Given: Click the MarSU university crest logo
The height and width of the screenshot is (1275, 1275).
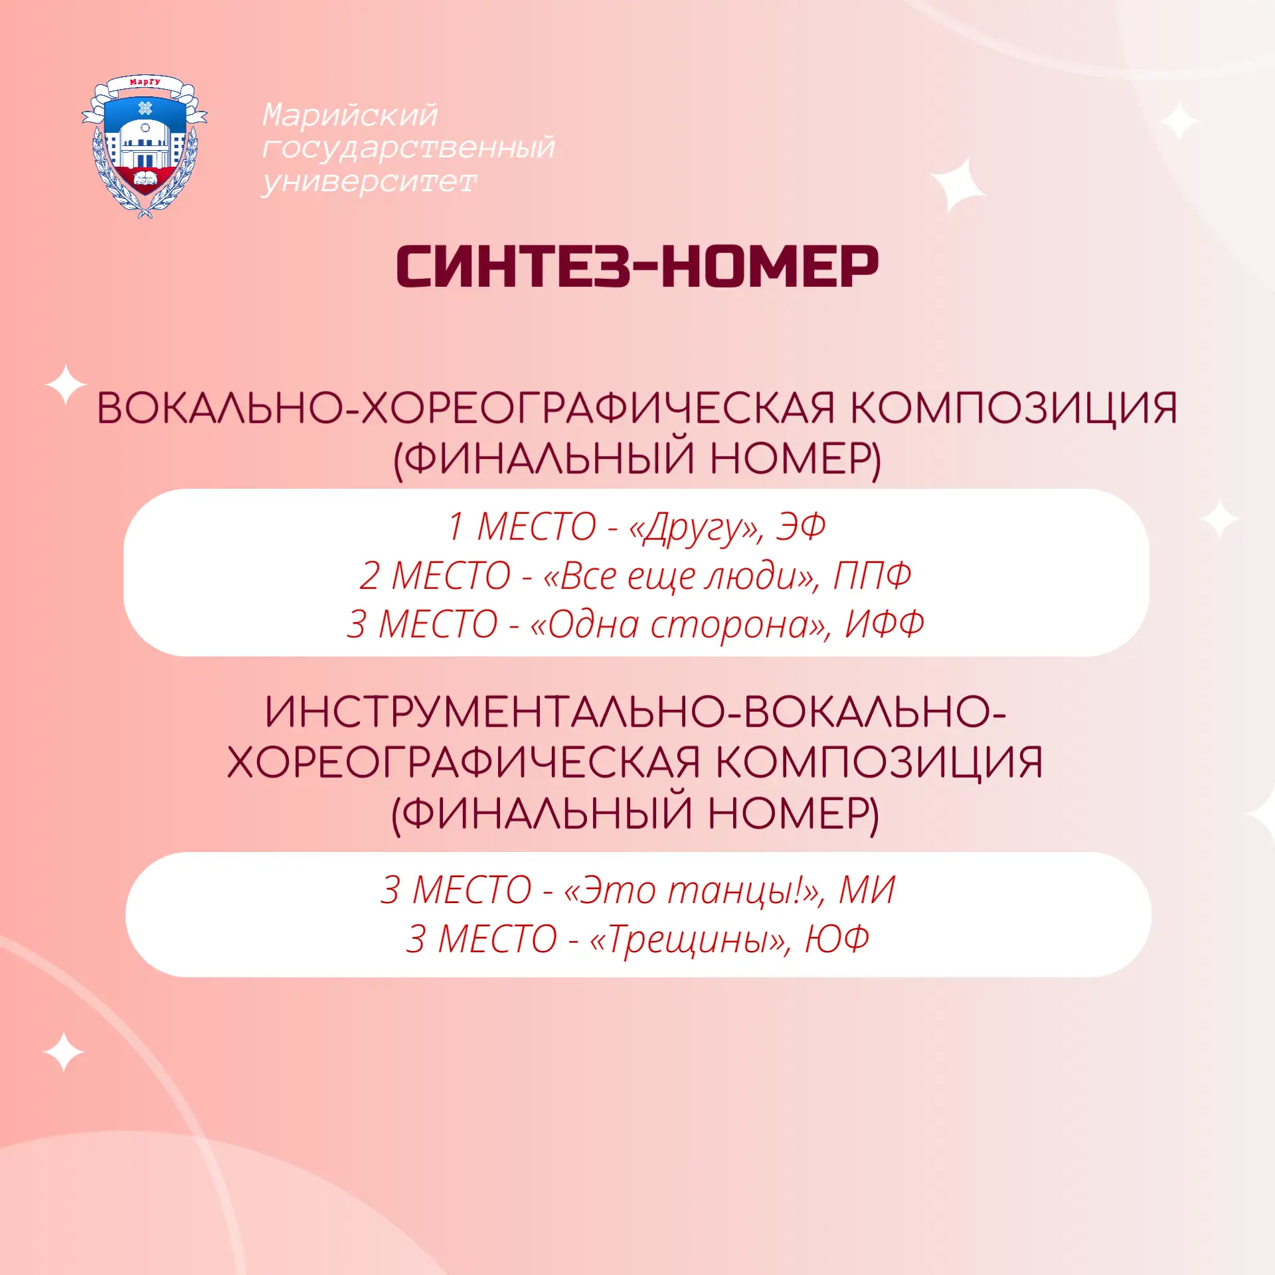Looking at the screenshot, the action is tap(144, 147).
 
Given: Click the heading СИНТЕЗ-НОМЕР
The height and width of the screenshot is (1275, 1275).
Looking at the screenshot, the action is tap(637, 266).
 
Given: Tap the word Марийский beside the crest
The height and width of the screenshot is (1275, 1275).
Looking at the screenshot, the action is tap(350, 115).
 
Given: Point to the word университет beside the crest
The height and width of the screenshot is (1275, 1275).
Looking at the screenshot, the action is tap(369, 181).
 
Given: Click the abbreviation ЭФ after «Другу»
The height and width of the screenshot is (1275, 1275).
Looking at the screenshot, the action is tap(802, 527).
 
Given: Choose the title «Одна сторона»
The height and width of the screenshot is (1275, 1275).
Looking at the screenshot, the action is tap(681, 625).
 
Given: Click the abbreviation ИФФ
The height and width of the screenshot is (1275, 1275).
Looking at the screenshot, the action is tap(885, 624).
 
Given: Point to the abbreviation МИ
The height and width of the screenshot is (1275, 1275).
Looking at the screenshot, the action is tap(867, 890).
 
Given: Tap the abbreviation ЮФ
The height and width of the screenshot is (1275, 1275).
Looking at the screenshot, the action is tap(837, 939).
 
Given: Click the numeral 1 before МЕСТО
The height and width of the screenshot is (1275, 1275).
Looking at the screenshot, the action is tap(456, 527).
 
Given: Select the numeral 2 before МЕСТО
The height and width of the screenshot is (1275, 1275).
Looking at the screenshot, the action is tap(370, 576).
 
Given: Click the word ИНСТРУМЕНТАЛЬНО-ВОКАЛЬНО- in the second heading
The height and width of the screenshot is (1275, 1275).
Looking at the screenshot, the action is tap(636, 712).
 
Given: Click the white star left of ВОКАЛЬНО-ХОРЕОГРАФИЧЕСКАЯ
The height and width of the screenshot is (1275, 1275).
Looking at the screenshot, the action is tap(65, 384).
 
